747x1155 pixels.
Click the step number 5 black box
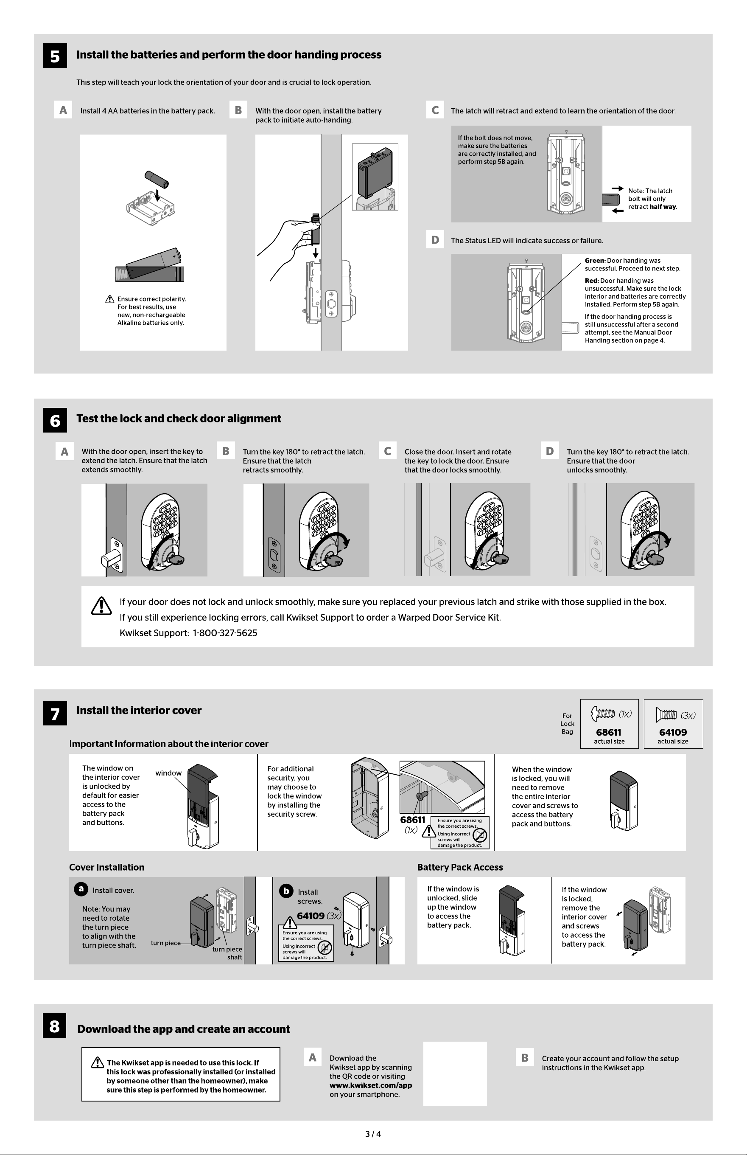click(55, 56)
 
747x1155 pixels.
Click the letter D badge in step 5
click(435, 240)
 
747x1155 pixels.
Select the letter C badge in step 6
click(388, 451)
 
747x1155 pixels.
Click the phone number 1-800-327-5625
click(225, 633)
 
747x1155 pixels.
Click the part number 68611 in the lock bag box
click(609, 732)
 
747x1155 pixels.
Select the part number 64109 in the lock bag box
click(673, 732)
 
